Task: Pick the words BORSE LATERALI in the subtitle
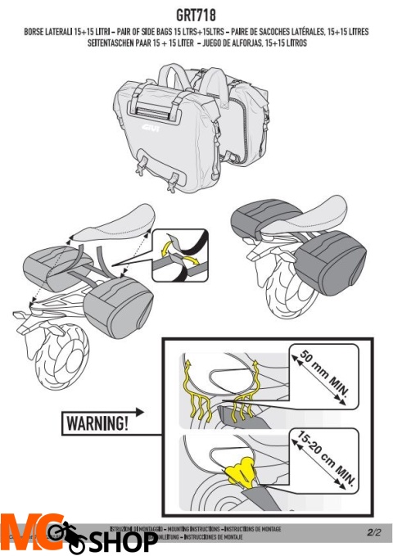[x=49, y=31]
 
